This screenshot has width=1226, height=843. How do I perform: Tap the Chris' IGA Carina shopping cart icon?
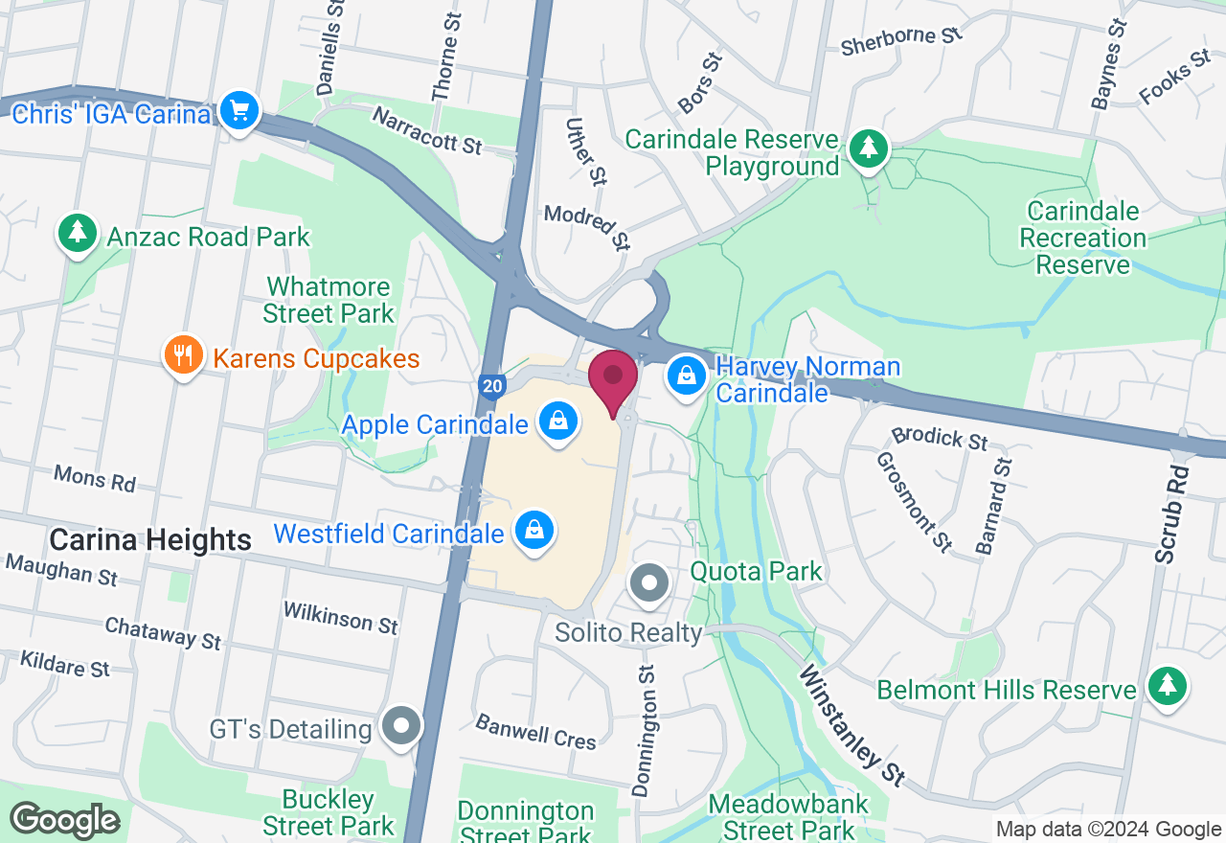[x=238, y=111]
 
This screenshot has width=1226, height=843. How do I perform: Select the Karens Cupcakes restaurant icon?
[x=183, y=356]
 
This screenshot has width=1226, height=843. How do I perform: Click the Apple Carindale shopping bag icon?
[x=556, y=421]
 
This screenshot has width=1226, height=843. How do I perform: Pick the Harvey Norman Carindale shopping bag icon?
[x=687, y=376]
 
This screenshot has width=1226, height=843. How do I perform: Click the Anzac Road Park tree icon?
[x=78, y=233]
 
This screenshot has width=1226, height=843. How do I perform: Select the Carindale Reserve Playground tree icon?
[x=868, y=148]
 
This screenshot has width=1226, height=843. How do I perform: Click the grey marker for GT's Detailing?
[x=400, y=727]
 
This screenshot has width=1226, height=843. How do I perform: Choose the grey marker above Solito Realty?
[x=650, y=581]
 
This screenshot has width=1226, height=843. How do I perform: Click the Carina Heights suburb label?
[x=150, y=540]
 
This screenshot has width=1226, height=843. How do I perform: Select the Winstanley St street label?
[x=852, y=724]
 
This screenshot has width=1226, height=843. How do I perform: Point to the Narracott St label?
[x=427, y=131]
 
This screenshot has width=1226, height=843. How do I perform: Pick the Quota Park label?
[x=757, y=572]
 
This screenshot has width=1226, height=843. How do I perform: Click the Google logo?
[x=64, y=820]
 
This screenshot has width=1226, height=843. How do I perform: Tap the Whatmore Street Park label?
[x=329, y=300]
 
